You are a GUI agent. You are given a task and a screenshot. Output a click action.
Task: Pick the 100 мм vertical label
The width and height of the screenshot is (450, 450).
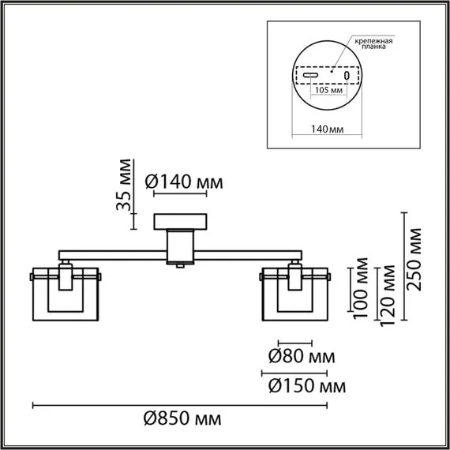click(362, 290)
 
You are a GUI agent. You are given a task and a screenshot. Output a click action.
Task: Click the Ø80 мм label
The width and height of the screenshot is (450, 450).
click(298, 357)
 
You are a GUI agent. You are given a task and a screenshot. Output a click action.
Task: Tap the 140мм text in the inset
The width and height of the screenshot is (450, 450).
click(325, 129)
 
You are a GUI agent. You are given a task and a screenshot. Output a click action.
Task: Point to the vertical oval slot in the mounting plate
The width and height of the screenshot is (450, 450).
click(347, 74)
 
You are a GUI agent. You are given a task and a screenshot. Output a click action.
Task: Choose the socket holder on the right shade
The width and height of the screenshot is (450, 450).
click(295, 276)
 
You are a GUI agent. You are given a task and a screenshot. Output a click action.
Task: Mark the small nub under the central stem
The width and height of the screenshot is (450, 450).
click(182, 267)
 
